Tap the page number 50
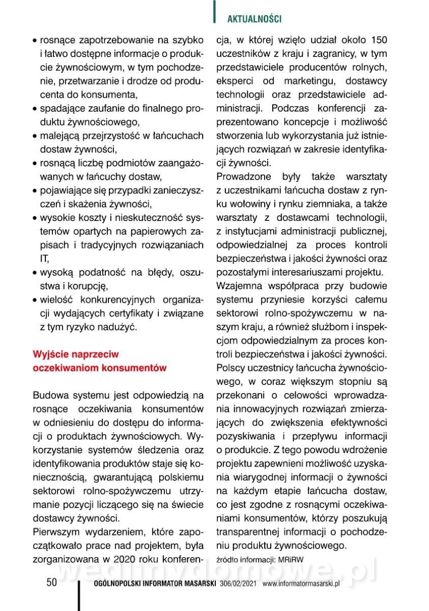51,582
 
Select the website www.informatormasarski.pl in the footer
301,584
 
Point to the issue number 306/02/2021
238,584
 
